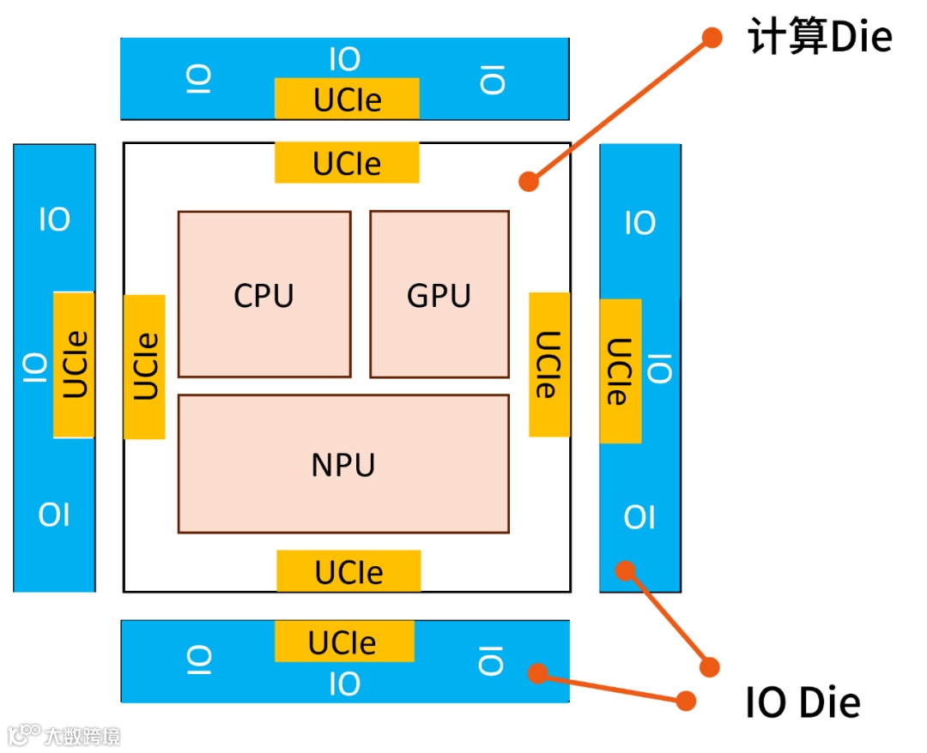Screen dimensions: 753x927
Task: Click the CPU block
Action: tap(264, 294)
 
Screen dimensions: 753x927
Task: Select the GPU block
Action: tap(439, 294)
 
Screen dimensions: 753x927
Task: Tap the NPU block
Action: tap(343, 464)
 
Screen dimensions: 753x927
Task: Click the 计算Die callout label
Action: tap(820, 39)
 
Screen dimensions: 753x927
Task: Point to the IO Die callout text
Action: tap(803, 703)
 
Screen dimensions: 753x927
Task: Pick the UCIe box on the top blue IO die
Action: tap(347, 99)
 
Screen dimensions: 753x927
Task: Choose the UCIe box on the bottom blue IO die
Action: tap(343, 642)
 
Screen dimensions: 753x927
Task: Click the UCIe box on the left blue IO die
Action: tap(75, 364)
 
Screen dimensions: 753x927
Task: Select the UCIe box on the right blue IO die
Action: tap(620, 371)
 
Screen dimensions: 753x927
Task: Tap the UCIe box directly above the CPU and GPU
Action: tap(347, 163)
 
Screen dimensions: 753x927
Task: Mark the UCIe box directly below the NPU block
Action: tap(348, 571)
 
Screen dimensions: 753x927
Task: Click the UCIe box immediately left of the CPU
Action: tap(144, 367)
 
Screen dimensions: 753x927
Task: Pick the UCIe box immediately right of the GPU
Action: tap(549, 364)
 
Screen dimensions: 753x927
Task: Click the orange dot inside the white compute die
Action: tap(529, 181)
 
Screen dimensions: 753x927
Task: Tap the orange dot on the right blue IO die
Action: tap(626, 569)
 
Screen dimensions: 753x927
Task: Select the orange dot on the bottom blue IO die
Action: tap(537, 673)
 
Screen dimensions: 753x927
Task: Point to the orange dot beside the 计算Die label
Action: tap(712, 37)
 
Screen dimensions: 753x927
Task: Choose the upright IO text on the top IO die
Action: tap(345, 60)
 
